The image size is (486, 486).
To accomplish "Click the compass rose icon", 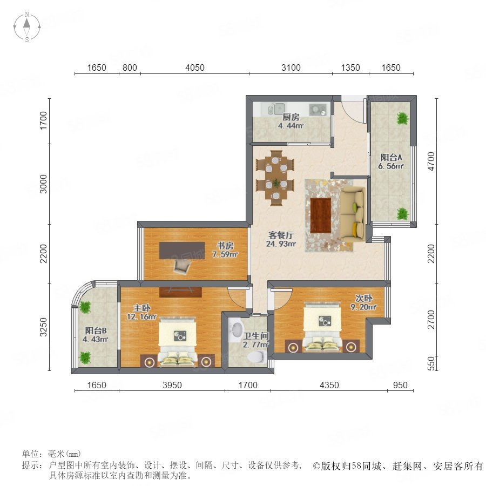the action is (27, 27).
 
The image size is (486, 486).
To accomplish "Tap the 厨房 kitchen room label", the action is (291, 117).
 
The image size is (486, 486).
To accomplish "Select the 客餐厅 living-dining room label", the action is (281, 235).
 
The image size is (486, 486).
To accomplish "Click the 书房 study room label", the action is (225, 246).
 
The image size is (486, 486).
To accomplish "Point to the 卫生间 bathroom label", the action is (256, 336).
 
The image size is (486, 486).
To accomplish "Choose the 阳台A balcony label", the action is (391, 157).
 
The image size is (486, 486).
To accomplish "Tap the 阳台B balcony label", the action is (96, 330).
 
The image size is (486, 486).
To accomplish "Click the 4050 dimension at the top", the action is (194, 67).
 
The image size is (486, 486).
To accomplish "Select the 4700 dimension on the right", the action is (431, 161).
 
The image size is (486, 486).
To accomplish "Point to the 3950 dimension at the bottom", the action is (172, 385).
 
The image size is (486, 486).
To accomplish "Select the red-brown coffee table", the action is (321, 215).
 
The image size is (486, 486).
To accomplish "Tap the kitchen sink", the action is (276, 109).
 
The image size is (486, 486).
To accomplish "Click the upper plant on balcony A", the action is (403, 119).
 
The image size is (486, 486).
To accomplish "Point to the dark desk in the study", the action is (183, 251).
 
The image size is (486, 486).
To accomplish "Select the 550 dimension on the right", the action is (431, 363).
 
